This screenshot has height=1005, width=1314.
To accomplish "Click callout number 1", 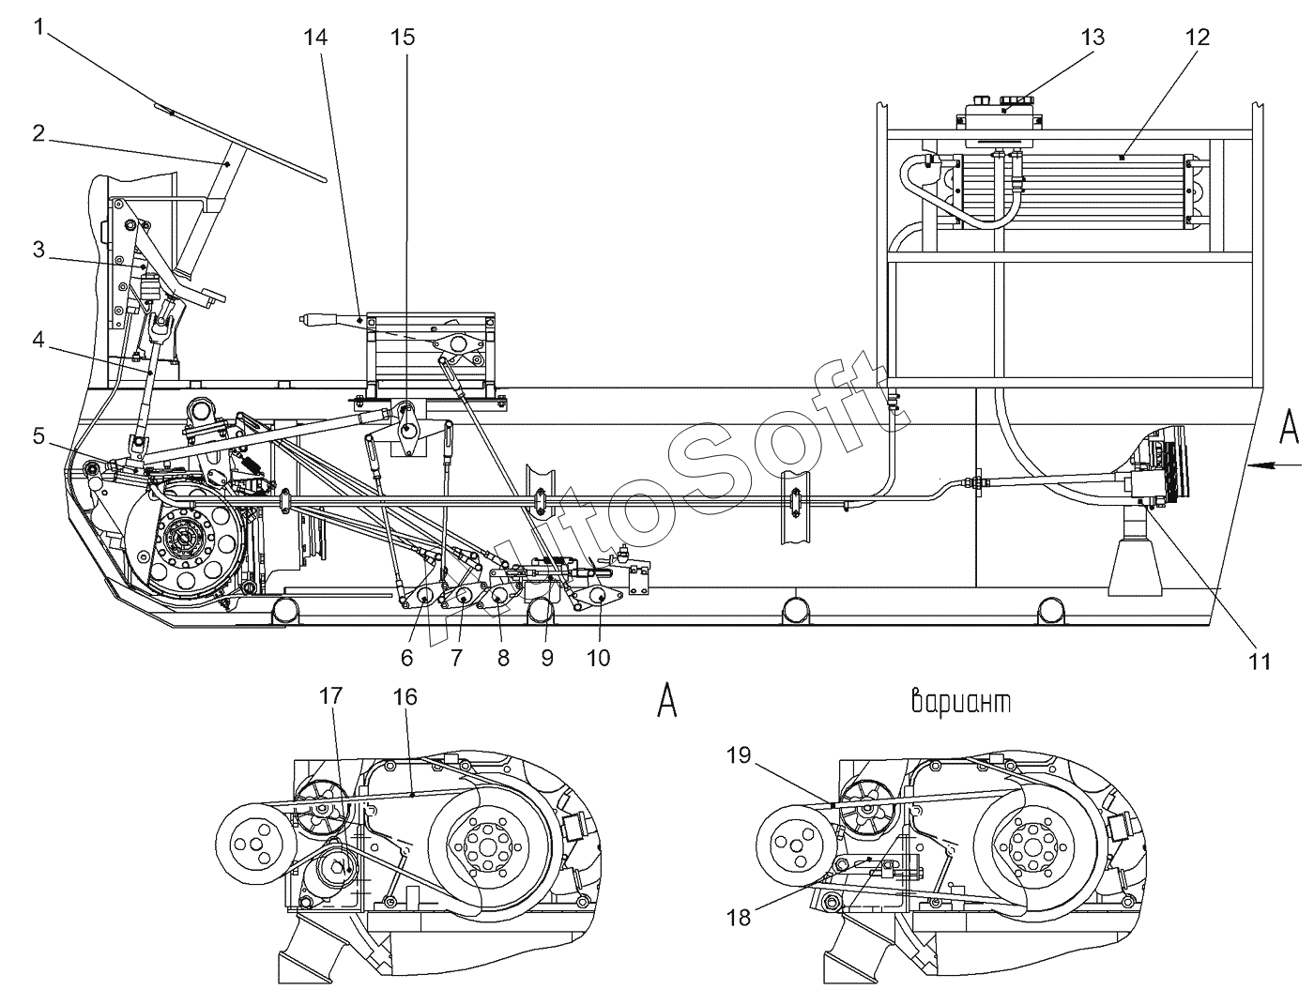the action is (38, 27).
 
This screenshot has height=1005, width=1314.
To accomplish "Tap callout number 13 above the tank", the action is (1092, 38).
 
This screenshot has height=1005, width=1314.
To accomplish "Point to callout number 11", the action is (1260, 662).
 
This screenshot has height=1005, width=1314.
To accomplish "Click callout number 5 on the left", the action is (38, 435).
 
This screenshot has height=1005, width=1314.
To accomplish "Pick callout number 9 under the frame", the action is (547, 659).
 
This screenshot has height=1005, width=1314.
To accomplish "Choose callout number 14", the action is (315, 38).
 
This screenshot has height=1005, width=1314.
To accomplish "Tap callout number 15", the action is (403, 38).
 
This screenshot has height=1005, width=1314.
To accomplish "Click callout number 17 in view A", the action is (330, 695).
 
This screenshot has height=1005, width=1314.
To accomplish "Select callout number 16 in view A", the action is (405, 696).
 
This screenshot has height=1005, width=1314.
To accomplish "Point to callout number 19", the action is (739, 755).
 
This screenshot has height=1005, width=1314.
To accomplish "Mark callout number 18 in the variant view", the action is (739, 917).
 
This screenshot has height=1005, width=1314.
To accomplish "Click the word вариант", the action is (961, 702).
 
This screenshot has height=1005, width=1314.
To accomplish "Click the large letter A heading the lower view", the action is (667, 702).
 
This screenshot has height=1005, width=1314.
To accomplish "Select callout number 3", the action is (38, 249).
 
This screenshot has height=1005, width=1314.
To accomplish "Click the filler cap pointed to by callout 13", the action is (1016, 100).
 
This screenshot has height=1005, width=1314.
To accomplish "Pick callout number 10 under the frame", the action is (598, 659).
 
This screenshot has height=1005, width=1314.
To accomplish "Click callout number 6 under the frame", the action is (407, 659).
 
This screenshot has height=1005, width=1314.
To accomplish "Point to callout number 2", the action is (38, 133).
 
